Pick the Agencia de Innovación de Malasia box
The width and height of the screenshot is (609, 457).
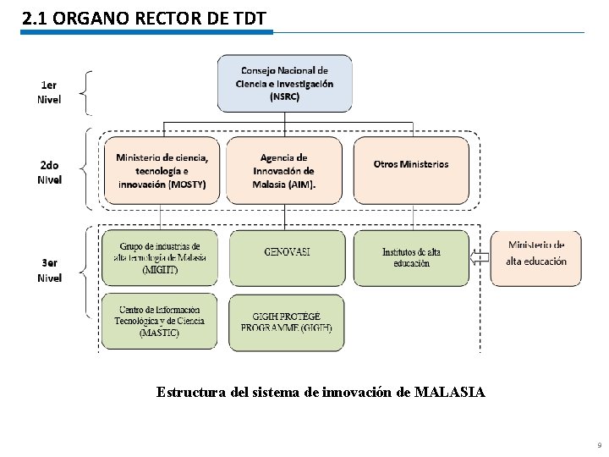click(x=284, y=171)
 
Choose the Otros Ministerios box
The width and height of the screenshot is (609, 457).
click(x=411, y=171)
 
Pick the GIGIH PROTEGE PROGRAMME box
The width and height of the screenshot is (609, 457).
click(x=287, y=322)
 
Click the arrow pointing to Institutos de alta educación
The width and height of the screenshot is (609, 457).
click(x=480, y=258)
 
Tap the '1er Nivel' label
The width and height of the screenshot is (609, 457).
click(x=49, y=92)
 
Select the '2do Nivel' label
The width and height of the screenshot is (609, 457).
click(x=49, y=173)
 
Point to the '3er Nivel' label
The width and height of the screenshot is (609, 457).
click(x=49, y=271)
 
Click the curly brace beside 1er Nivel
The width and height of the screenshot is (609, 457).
click(x=87, y=92)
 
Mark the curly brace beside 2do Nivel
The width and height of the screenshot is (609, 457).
click(x=87, y=168)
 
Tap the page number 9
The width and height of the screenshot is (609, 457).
click(x=599, y=445)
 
